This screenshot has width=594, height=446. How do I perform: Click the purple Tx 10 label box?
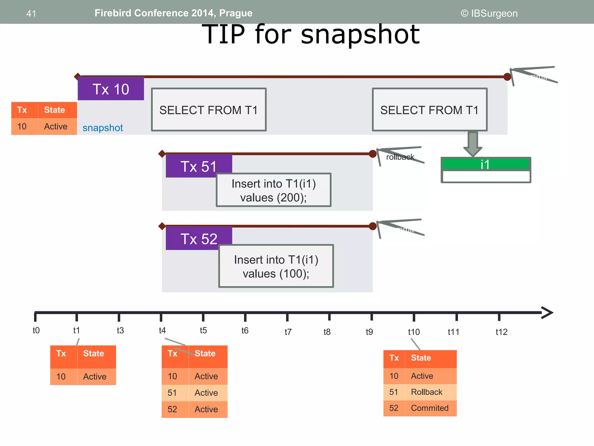click(111, 89)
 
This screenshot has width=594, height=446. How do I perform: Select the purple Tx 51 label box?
click(199, 166)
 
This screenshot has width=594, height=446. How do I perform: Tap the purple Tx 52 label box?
click(199, 238)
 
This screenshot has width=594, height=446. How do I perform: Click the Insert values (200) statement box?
click(274, 190)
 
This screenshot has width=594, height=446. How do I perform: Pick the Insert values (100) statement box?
click(276, 266)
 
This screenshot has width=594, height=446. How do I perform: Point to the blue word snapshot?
click(103, 128)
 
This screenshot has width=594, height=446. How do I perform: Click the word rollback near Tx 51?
click(400, 157)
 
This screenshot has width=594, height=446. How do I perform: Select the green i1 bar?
click(485, 164)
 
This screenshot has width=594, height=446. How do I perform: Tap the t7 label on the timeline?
click(288, 332)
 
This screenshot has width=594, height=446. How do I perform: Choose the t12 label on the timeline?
click(501, 332)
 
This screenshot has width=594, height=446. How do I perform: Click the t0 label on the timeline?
click(36, 330)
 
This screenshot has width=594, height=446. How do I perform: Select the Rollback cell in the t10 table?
click(427, 392)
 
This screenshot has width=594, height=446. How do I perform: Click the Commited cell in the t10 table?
click(430, 408)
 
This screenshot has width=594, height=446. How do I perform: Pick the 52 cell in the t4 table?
click(172, 409)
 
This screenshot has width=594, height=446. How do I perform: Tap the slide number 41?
click(31, 13)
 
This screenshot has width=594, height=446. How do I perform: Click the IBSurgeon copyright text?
click(489, 13)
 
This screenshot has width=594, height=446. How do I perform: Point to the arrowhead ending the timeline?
click(548, 313)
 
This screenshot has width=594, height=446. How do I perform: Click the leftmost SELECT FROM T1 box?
click(209, 110)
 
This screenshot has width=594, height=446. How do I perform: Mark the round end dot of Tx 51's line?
click(373, 154)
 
